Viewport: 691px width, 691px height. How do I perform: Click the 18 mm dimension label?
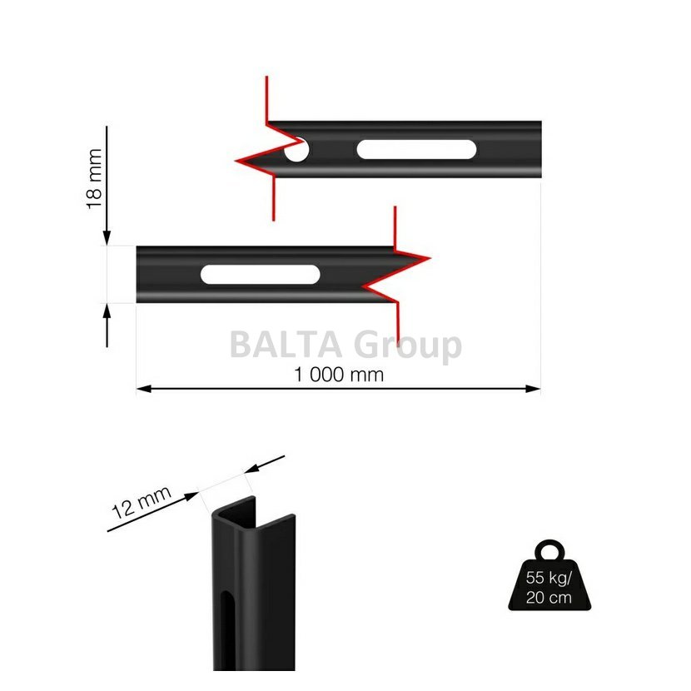tap(94, 179)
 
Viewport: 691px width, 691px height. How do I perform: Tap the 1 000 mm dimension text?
tap(339, 375)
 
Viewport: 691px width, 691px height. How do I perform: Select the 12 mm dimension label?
tap(141, 503)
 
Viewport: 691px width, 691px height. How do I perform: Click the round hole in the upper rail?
tap(296, 150)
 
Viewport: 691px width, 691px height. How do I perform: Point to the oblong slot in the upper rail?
tap(416, 149)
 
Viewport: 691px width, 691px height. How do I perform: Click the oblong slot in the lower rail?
tap(260, 275)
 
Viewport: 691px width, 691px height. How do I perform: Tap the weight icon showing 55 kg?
tap(549, 575)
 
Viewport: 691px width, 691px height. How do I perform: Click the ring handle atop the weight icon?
tap(549, 544)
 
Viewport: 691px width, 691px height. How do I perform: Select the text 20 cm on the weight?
tap(549, 598)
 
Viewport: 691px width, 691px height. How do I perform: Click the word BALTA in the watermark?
tap(286, 345)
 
